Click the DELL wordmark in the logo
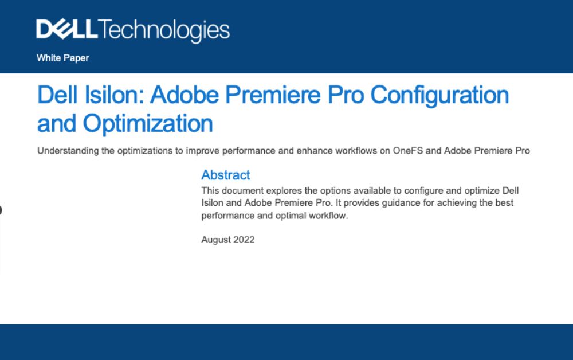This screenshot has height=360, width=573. click(67, 29)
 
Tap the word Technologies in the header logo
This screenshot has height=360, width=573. click(164, 31)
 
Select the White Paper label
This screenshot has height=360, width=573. click(62, 58)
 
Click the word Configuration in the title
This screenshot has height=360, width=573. click(439, 96)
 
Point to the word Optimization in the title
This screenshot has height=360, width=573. click(148, 124)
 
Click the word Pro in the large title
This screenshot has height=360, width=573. click(346, 95)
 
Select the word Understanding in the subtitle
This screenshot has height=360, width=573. click(68, 151)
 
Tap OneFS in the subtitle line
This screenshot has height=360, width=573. click(407, 151)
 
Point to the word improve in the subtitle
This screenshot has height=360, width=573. click(202, 151)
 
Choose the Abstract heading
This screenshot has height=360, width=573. click(225, 175)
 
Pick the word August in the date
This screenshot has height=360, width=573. click(216, 240)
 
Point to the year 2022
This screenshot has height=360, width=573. click(244, 240)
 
